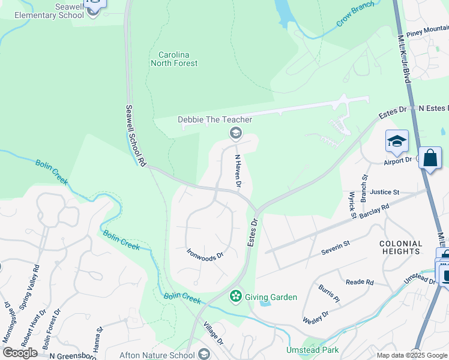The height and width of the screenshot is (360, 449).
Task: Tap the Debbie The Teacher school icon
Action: pyautogui.click(x=236, y=132)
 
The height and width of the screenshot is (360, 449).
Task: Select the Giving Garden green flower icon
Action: pyautogui.click(x=236, y=296)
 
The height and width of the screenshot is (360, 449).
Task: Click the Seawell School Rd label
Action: pyautogui.click(x=136, y=136)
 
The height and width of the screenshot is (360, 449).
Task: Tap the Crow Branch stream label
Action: pyautogui.click(x=355, y=14)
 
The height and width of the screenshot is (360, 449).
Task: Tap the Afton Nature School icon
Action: pyautogui.click(x=204, y=353)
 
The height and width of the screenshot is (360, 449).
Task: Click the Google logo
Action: pyautogui.click(x=20, y=352)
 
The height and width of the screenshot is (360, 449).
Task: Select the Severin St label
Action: pyautogui.click(x=336, y=246)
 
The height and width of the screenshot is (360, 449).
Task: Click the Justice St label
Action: pyautogui.click(x=385, y=192)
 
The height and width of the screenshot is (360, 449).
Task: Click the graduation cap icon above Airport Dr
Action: pyautogui.click(x=396, y=141)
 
